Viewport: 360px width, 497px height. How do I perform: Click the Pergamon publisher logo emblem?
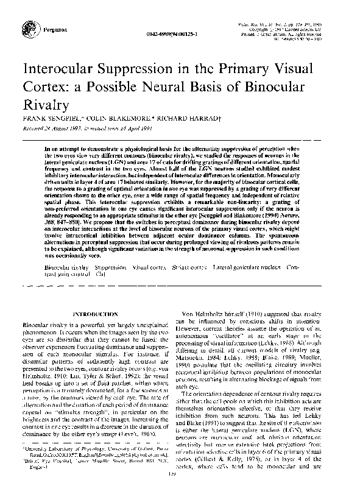[x=29, y=28]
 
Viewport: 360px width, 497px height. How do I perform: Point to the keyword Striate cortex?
[x=189, y=284]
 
